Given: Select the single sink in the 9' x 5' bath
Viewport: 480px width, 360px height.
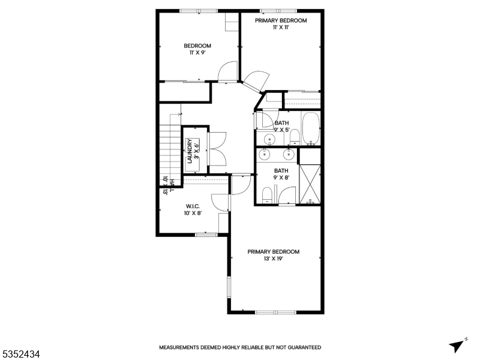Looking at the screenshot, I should (270, 139).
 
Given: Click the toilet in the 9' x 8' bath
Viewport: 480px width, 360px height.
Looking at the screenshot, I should (267, 195).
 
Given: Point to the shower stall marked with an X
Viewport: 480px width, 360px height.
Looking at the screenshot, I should (310, 184).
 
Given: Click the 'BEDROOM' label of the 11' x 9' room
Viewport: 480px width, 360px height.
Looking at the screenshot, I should (197, 46).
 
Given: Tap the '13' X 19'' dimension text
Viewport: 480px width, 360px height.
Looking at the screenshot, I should (273, 259).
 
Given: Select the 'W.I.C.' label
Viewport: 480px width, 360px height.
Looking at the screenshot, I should (193, 206).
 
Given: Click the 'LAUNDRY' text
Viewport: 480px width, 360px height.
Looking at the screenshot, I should (190, 151).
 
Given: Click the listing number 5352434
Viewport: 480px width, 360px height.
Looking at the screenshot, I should (20, 355).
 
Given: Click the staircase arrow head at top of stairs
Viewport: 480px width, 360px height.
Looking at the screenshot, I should (179, 114).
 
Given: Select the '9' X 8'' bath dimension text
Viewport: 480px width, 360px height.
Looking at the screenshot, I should (281, 177).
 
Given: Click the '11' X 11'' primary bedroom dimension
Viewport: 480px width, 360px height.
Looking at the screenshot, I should (280, 27).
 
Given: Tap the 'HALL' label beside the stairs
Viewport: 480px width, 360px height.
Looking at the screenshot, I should (172, 185).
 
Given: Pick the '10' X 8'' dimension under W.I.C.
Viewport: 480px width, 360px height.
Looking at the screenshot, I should (193, 213).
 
